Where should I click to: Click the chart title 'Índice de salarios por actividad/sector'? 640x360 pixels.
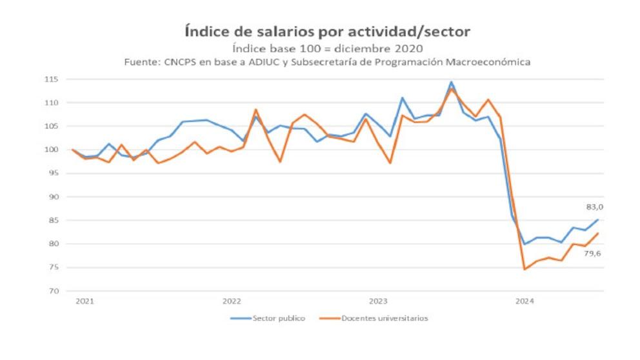point(328,31)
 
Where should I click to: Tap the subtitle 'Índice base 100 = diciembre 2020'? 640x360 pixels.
point(327,48)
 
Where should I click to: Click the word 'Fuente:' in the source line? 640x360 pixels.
point(141,62)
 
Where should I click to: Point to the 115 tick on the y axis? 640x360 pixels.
point(52,79)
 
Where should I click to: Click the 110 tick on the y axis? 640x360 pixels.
point(52,103)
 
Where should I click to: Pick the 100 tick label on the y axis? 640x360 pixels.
point(52,150)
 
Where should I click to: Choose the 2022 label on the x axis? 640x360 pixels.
point(232,301)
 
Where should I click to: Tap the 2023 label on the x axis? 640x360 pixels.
point(377,301)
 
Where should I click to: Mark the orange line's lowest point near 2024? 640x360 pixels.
point(524,269)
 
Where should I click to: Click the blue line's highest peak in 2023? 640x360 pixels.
point(451,83)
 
